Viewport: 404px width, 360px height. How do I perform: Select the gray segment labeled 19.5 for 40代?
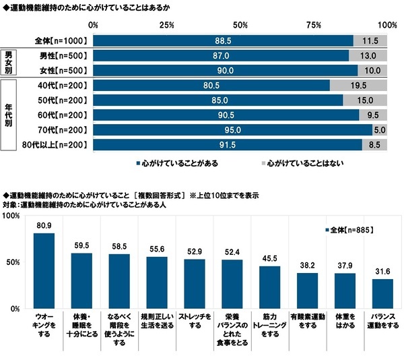click(x=358, y=86)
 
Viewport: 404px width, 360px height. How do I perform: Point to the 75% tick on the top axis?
click(x=313, y=25)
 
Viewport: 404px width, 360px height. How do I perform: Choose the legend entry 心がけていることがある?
click(x=176, y=162)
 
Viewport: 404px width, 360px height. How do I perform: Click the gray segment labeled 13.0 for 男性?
click(x=368, y=55)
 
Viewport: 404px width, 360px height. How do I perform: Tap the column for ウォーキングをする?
click(x=44, y=270)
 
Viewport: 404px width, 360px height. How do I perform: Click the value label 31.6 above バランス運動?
click(x=382, y=272)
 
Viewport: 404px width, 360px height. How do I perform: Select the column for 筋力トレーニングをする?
click(x=269, y=287)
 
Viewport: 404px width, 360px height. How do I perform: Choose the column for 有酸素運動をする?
click(x=307, y=291)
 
